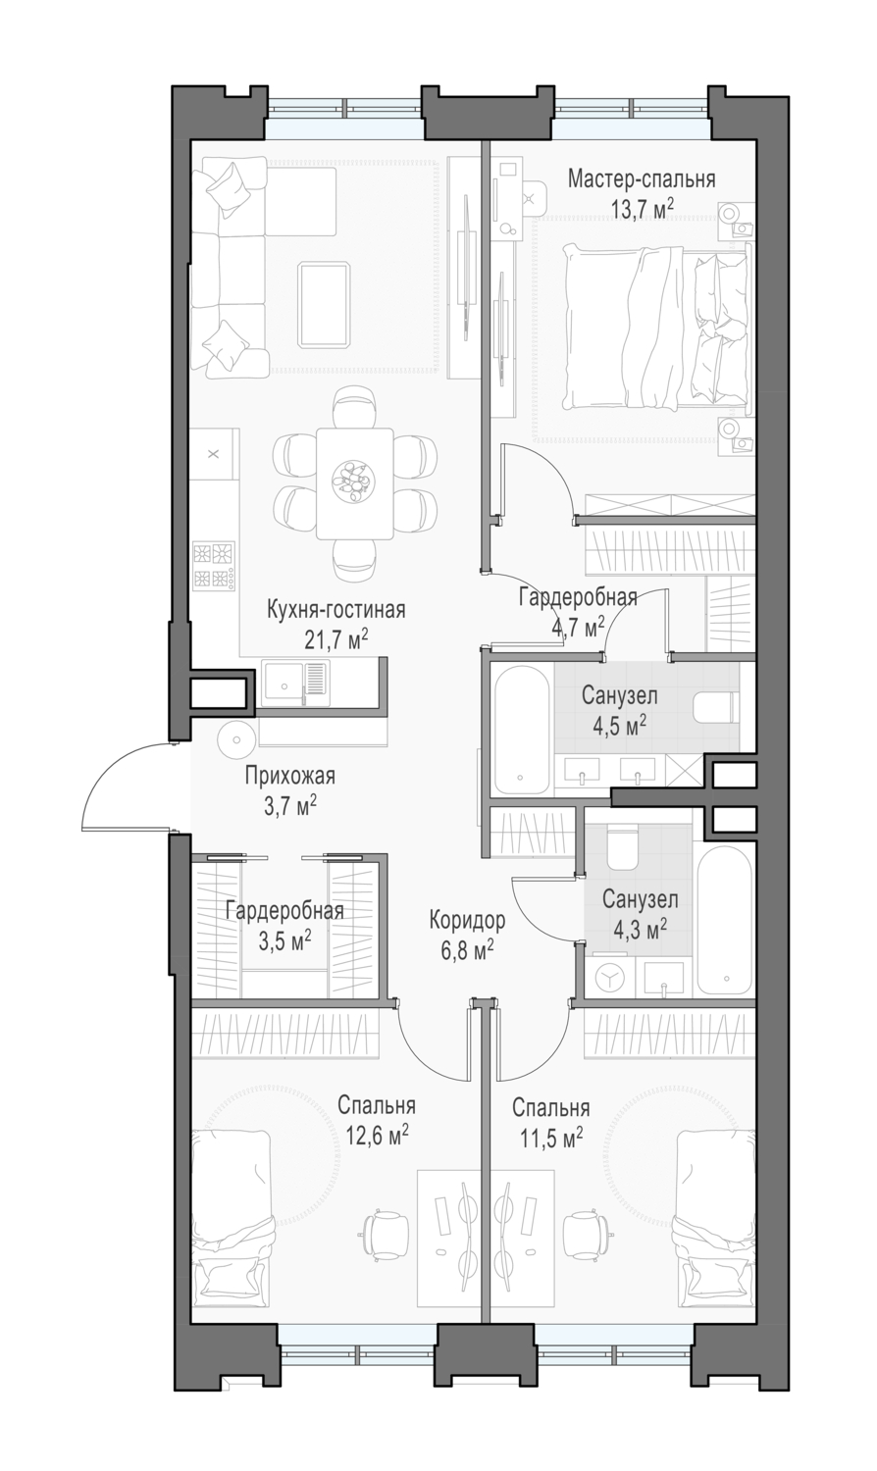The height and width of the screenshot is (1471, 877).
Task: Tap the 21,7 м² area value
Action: click(335, 638)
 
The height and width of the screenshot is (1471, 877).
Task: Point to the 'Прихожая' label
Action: click(290, 776)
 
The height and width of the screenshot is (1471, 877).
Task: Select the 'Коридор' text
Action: click(467, 921)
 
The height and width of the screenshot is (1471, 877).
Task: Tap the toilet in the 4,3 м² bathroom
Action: click(622, 847)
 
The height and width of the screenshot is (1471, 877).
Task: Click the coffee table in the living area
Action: click(324, 303)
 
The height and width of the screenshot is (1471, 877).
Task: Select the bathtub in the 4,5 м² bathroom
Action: click(521, 731)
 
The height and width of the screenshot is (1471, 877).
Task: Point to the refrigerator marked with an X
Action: click(214, 454)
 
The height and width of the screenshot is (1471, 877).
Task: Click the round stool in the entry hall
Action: click(235, 738)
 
